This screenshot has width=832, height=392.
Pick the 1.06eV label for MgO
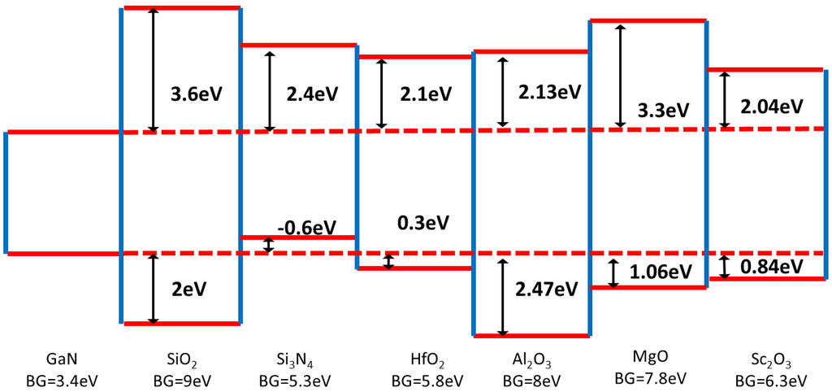[x=655, y=272]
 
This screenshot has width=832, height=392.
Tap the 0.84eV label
[x=770, y=266]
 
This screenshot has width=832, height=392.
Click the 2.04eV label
[x=770, y=106]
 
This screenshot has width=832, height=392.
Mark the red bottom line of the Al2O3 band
[x=531, y=335]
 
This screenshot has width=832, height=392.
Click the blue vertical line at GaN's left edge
[x=5, y=193]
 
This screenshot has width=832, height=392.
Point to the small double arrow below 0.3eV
[x=388, y=261]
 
